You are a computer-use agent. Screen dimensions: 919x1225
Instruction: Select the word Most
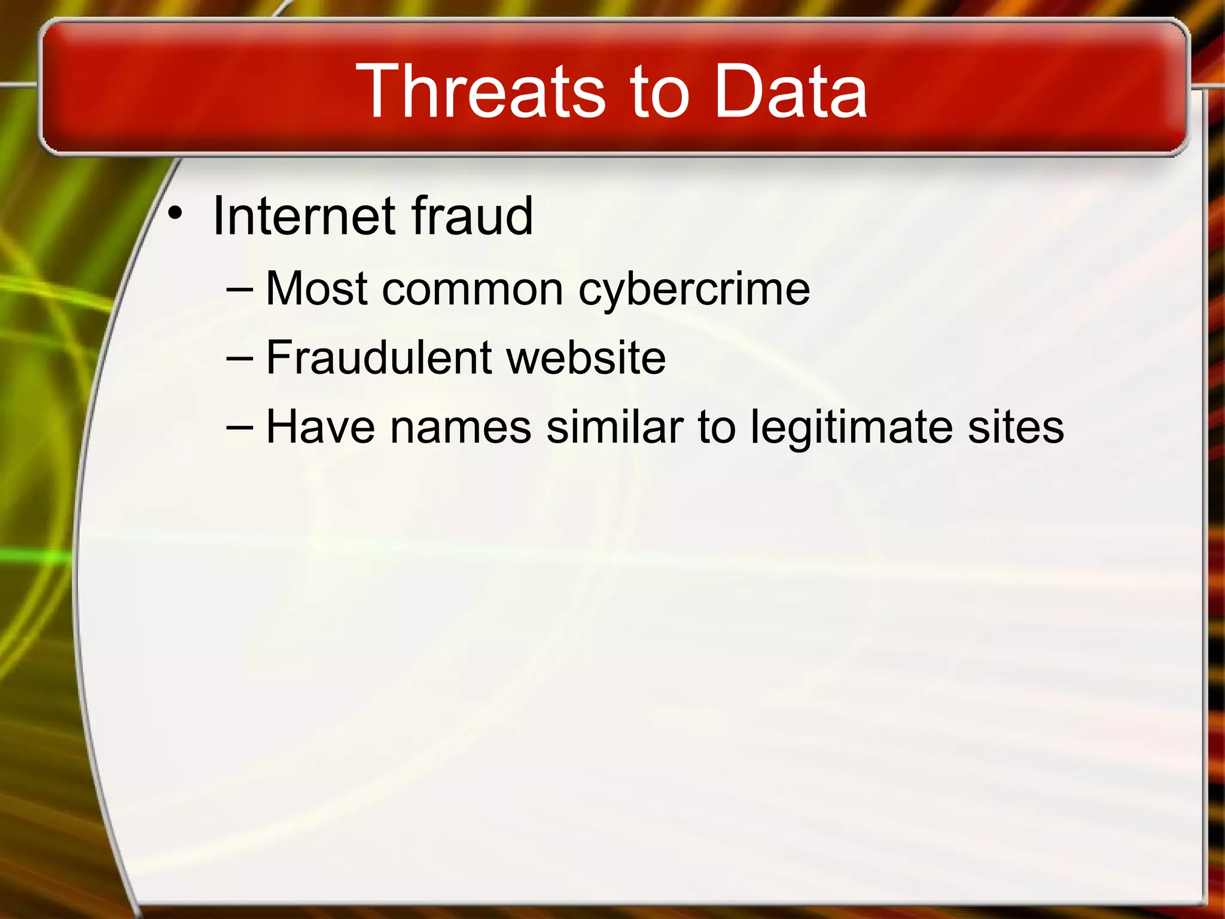click(316, 289)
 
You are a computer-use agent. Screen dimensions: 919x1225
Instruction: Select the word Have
click(321, 427)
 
